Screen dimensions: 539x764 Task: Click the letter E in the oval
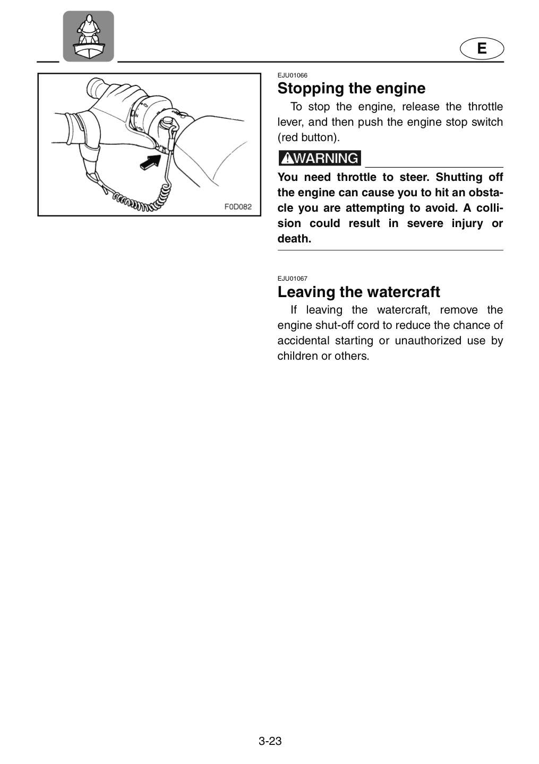(x=482, y=48)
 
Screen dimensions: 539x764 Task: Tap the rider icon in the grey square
(x=88, y=37)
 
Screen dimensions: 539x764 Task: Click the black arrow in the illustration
(x=150, y=161)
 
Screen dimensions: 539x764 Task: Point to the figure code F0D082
(x=238, y=206)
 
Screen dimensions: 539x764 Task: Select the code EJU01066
(x=292, y=75)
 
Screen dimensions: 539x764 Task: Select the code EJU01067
(x=292, y=279)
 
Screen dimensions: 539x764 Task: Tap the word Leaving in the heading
(x=306, y=292)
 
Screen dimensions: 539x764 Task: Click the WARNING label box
(x=320, y=158)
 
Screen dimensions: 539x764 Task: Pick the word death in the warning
(x=294, y=239)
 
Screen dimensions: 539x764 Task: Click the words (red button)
(x=309, y=137)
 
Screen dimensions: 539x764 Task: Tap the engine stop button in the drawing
(x=168, y=121)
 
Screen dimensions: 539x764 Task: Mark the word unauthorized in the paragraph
(x=428, y=341)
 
